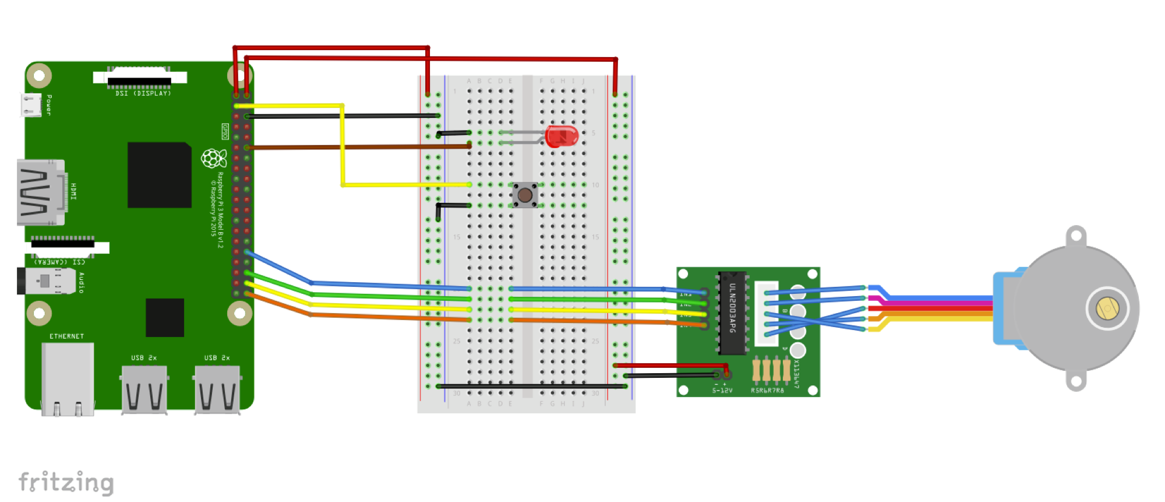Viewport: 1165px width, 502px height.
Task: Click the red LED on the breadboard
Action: [562, 136]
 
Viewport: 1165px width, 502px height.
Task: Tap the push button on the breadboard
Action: [525, 195]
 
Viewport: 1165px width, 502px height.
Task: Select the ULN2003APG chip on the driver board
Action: [732, 313]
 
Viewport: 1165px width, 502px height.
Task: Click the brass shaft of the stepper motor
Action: [1107, 308]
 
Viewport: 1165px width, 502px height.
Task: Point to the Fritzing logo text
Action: [66, 483]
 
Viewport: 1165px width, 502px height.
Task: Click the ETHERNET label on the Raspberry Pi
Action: [66, 336]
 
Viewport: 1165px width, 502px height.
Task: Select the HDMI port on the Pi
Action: [41, 192]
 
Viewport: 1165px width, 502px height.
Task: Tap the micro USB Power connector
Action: [31, 105]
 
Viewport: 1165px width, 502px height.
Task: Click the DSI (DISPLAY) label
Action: [143, 93]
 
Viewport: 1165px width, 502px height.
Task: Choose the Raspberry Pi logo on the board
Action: [213, 158]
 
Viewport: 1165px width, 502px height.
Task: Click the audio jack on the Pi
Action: [47, 281]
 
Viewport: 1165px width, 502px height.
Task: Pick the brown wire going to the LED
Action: [361, 147]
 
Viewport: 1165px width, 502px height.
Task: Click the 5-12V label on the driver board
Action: [722, 391]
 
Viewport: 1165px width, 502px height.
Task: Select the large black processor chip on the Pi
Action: [160, 175]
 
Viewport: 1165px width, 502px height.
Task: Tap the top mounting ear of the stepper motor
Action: [1076, 236]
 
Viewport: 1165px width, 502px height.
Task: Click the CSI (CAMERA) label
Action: [59, 262]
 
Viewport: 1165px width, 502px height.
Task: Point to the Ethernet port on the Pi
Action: [68, 378]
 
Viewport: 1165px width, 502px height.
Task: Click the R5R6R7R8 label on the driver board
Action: [767, 391]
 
